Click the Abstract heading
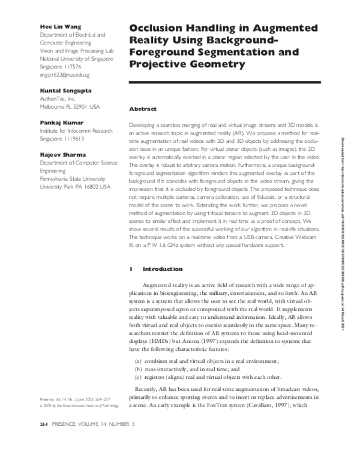coord(143,109)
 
